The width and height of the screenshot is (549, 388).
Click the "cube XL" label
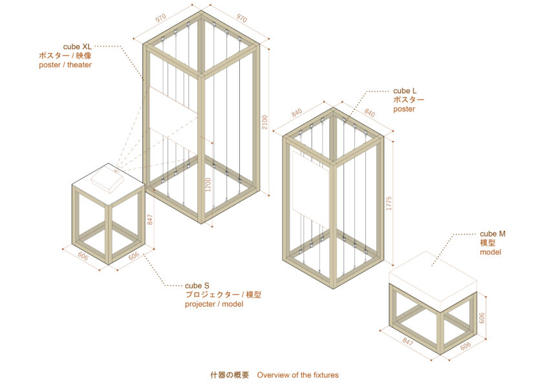77,47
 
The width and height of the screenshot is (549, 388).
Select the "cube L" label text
405,91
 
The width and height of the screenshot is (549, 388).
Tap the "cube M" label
493,234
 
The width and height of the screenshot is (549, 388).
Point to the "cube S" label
197,286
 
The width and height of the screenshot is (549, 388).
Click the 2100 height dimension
264,122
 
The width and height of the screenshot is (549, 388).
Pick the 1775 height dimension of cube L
389,204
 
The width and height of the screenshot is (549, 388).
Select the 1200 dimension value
208,185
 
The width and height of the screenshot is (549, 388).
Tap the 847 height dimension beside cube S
150,220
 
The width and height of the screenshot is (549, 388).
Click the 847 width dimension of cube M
407,341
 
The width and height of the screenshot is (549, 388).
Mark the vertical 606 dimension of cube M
482,318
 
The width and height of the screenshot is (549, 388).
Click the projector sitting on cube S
107,179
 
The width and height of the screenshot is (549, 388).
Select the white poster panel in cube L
310,184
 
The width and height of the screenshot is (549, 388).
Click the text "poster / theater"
65,65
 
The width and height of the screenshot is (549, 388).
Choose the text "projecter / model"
214,304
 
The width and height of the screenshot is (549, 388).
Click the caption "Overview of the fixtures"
298,375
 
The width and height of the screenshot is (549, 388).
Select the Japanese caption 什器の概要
230,375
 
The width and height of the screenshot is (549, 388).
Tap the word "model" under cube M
491,252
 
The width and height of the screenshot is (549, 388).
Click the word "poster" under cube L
404,109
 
